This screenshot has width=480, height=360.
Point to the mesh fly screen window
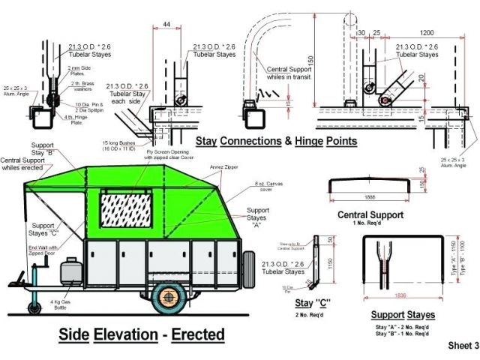coord(127,211)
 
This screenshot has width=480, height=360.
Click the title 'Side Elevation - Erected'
coord(141,333)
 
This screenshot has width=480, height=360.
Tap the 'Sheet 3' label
coord(463,346)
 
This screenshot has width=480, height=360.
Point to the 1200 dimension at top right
coord(428,32)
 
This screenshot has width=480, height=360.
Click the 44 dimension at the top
coord(166,25)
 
